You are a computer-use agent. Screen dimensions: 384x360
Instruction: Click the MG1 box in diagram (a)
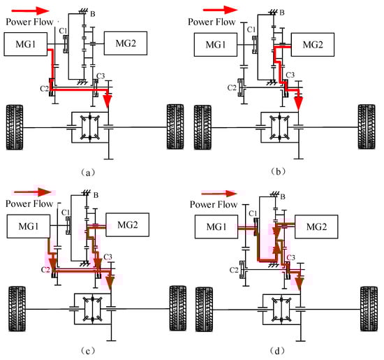25,44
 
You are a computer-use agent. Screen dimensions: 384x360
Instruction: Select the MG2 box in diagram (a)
126,43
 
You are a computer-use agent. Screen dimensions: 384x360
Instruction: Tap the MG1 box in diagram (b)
216,45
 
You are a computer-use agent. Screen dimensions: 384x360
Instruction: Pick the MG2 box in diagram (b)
313,45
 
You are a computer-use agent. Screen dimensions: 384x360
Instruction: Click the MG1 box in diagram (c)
29,226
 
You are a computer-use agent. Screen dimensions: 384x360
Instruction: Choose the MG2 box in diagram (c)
127,224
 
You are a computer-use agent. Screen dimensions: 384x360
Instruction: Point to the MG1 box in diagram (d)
216,227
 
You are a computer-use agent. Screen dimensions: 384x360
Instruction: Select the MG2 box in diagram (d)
316,227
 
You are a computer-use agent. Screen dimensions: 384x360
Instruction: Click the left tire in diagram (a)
15,127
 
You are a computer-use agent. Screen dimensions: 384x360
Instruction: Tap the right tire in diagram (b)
367,127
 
